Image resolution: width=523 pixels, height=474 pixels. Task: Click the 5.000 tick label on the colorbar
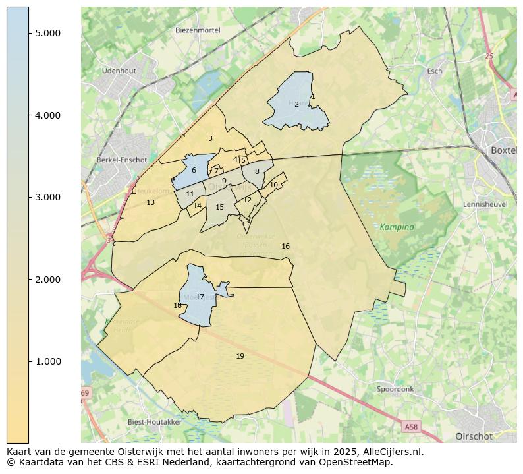click(47, 34)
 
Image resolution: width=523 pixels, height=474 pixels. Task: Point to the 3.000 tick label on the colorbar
click(47, 198)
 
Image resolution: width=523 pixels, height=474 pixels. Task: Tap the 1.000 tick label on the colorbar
click(47, 362)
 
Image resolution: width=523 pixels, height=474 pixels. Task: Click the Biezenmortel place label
click(196, 30)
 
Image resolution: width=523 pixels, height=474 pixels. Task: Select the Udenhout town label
click(119, 71)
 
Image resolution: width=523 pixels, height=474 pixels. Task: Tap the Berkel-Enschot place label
click(122, 160)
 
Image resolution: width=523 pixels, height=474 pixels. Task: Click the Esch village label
click(435, 71)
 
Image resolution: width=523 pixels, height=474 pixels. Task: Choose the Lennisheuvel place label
click(485, 204)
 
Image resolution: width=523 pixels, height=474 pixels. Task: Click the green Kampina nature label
click(397, 227)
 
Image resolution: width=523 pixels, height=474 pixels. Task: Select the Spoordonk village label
click(395, 389)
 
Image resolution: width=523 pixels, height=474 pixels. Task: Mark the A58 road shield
click(411, 427)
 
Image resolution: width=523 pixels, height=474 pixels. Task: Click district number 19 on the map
click(240, 356)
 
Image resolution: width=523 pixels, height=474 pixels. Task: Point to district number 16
click(285, 247)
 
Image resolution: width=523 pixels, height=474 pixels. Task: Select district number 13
click(150, 203)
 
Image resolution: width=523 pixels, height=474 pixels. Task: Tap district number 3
click(210, 139)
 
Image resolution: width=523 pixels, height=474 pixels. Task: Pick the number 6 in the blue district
click(194, 171)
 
